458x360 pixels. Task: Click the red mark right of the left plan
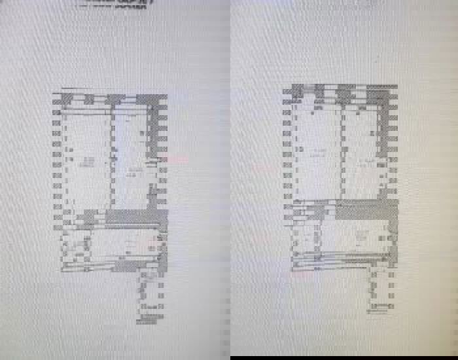(x=177, y=158)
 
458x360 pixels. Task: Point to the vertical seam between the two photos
(x=230, y=180)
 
